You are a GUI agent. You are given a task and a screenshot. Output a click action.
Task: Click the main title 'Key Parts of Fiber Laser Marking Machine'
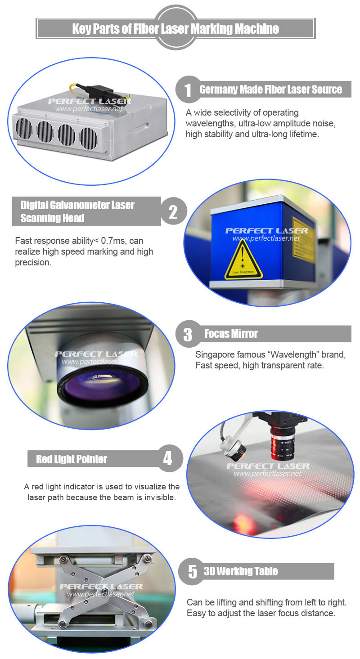[175, 28]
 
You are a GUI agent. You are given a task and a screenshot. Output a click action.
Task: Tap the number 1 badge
[188, 90]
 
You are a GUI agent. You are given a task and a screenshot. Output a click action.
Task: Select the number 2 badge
[174, 211]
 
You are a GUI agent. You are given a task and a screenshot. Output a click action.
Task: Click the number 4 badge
[168, 458]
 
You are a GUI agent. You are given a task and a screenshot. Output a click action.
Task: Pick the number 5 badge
[193, 571]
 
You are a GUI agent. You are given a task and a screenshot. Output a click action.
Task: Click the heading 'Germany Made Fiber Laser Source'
[271, 90]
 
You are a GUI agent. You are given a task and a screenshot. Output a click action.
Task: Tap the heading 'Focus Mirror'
[231, 334]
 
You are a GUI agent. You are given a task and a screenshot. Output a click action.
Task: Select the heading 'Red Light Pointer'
[72, 459]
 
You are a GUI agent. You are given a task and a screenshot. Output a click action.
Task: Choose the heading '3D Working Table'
[241, 571]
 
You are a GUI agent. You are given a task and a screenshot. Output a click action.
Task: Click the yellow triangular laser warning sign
[243, 260]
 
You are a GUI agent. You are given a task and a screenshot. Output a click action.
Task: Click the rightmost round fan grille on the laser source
[88, 138]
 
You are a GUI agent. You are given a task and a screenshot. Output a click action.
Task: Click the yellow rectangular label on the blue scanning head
[303, 240]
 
